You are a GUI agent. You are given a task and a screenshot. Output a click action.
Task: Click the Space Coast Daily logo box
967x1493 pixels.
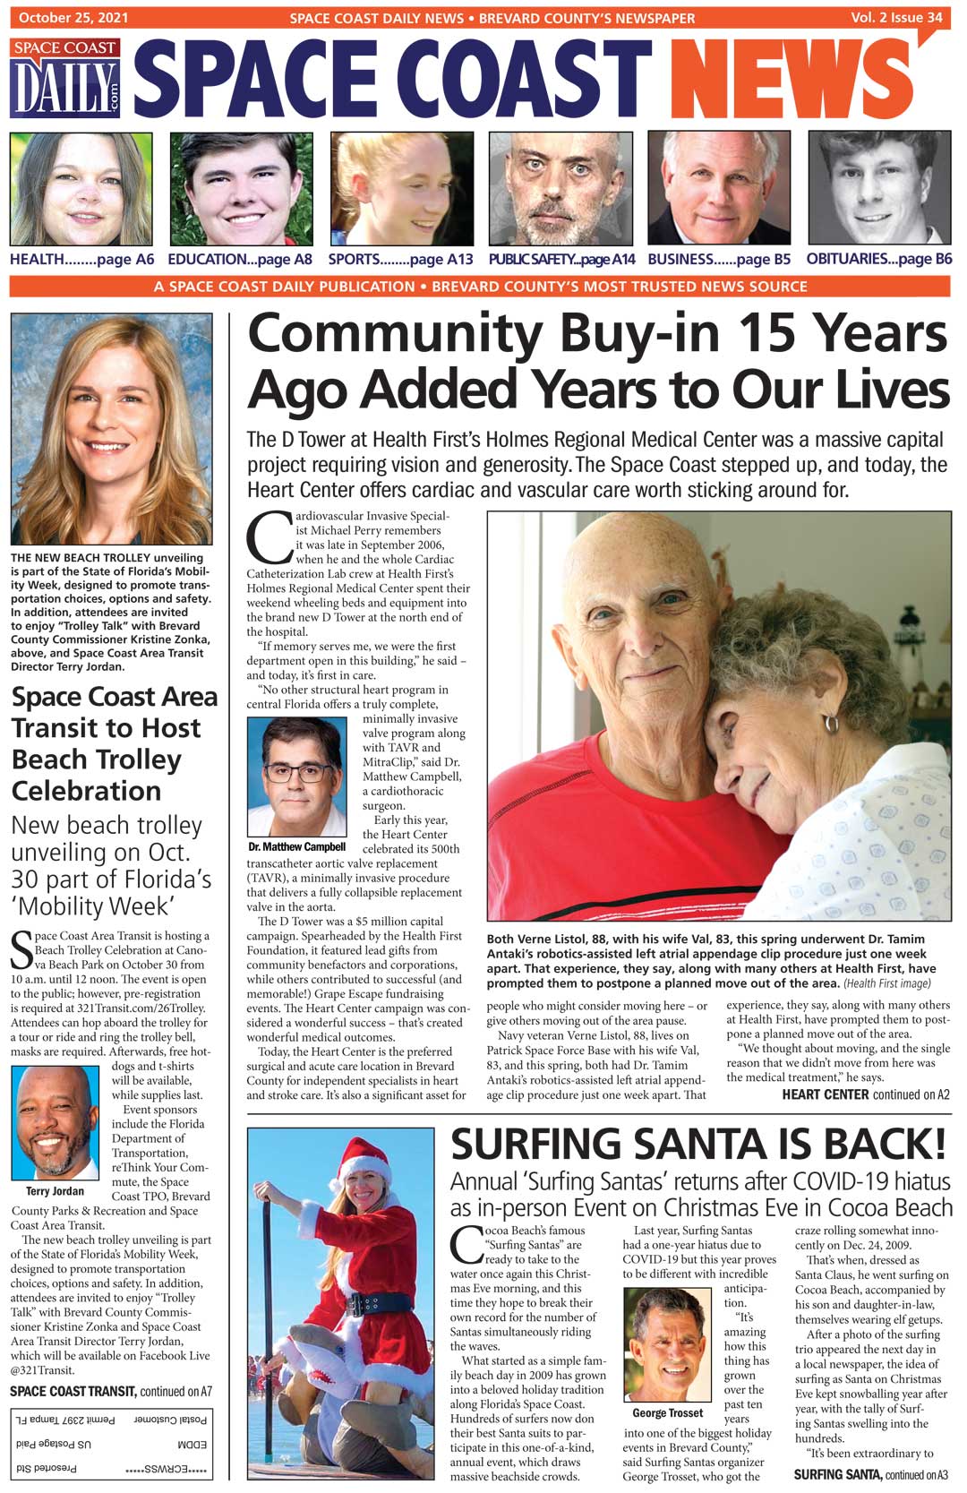[66, 79]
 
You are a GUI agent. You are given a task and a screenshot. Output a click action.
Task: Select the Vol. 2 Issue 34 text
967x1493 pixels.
[896, 17]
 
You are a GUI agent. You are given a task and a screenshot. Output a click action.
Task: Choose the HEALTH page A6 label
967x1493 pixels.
[81, 260]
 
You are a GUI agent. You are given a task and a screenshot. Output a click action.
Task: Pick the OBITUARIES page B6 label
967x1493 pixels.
[878, 260]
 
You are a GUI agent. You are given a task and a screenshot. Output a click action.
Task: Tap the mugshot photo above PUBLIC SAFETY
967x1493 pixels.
[561, 189]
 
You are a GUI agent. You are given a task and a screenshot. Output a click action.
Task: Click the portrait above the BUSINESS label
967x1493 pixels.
[719, 189]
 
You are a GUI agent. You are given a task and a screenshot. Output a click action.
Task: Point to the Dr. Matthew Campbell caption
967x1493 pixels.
[296, 846]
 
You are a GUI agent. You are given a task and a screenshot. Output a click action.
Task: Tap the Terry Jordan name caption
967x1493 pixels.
[55, 1191]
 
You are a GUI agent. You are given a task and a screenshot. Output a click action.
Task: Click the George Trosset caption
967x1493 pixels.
[667, 1413]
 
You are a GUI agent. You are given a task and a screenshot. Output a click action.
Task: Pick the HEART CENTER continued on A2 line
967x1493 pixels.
[865, 1094]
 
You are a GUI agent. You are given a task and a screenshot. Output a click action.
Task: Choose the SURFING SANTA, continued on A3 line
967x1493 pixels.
[870, 1475]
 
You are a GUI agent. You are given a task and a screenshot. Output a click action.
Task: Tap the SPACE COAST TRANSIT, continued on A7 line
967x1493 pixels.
[110, 1392]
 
